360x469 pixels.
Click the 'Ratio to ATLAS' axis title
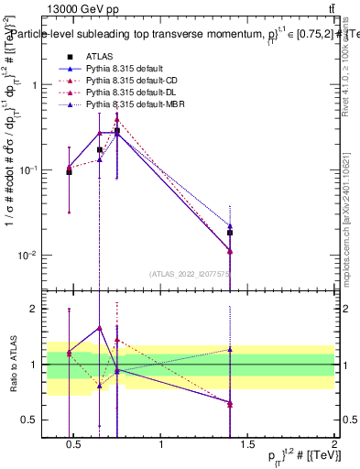click(x=14, y=365)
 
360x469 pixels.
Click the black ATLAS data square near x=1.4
click(x=230, y=233)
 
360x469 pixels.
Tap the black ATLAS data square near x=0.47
click(x=70, y=172)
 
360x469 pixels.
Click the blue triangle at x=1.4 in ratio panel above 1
click(x=230, y=349)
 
